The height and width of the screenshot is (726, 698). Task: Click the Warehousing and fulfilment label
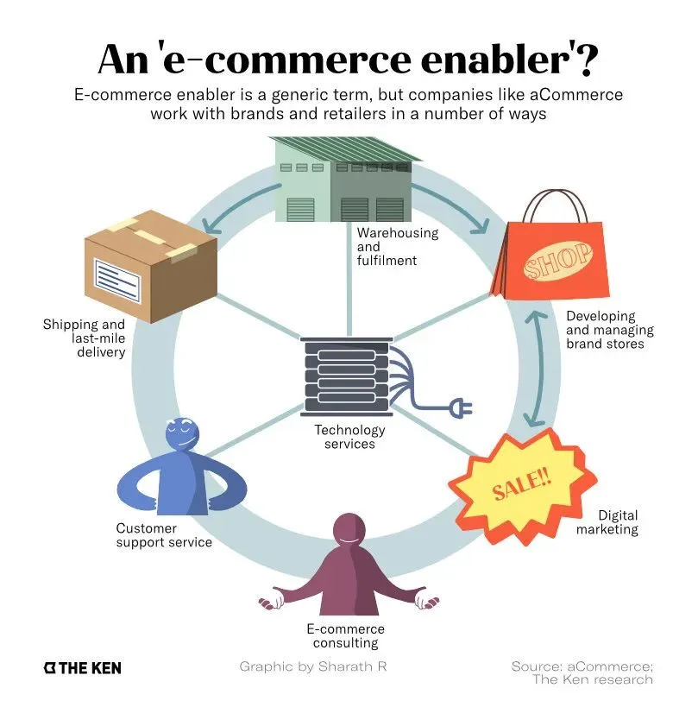tap(398, 246)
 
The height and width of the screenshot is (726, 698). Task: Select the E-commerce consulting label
tap(345, 635)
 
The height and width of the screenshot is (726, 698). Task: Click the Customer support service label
tap(164, 535)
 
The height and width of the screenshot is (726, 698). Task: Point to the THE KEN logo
tap(82, 668)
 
